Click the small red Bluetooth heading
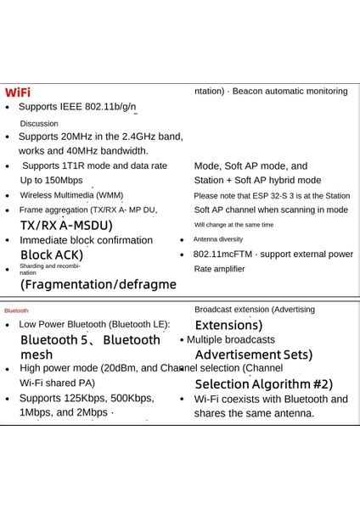(16, 310)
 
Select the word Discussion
(39, 123)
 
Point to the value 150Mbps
(64, 180)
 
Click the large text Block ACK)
(51, 255)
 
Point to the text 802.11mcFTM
(222, 254)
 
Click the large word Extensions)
(228, 325)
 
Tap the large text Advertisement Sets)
(253, 354)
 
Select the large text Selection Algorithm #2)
(263, 383)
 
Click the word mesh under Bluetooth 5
(37, 355)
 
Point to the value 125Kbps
(82, 398)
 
